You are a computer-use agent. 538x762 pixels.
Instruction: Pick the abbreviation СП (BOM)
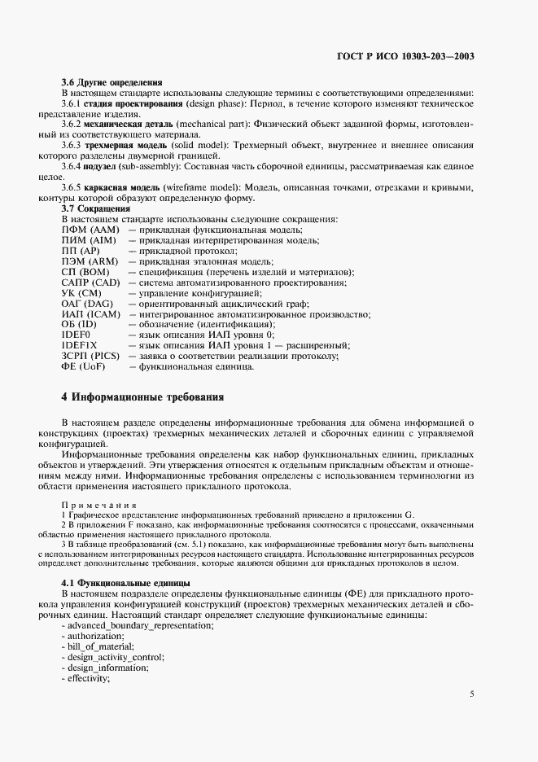coord(86,271)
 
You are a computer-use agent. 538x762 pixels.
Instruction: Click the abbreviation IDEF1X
coord(79,345)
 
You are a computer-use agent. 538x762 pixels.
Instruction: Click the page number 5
coord(472,694)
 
